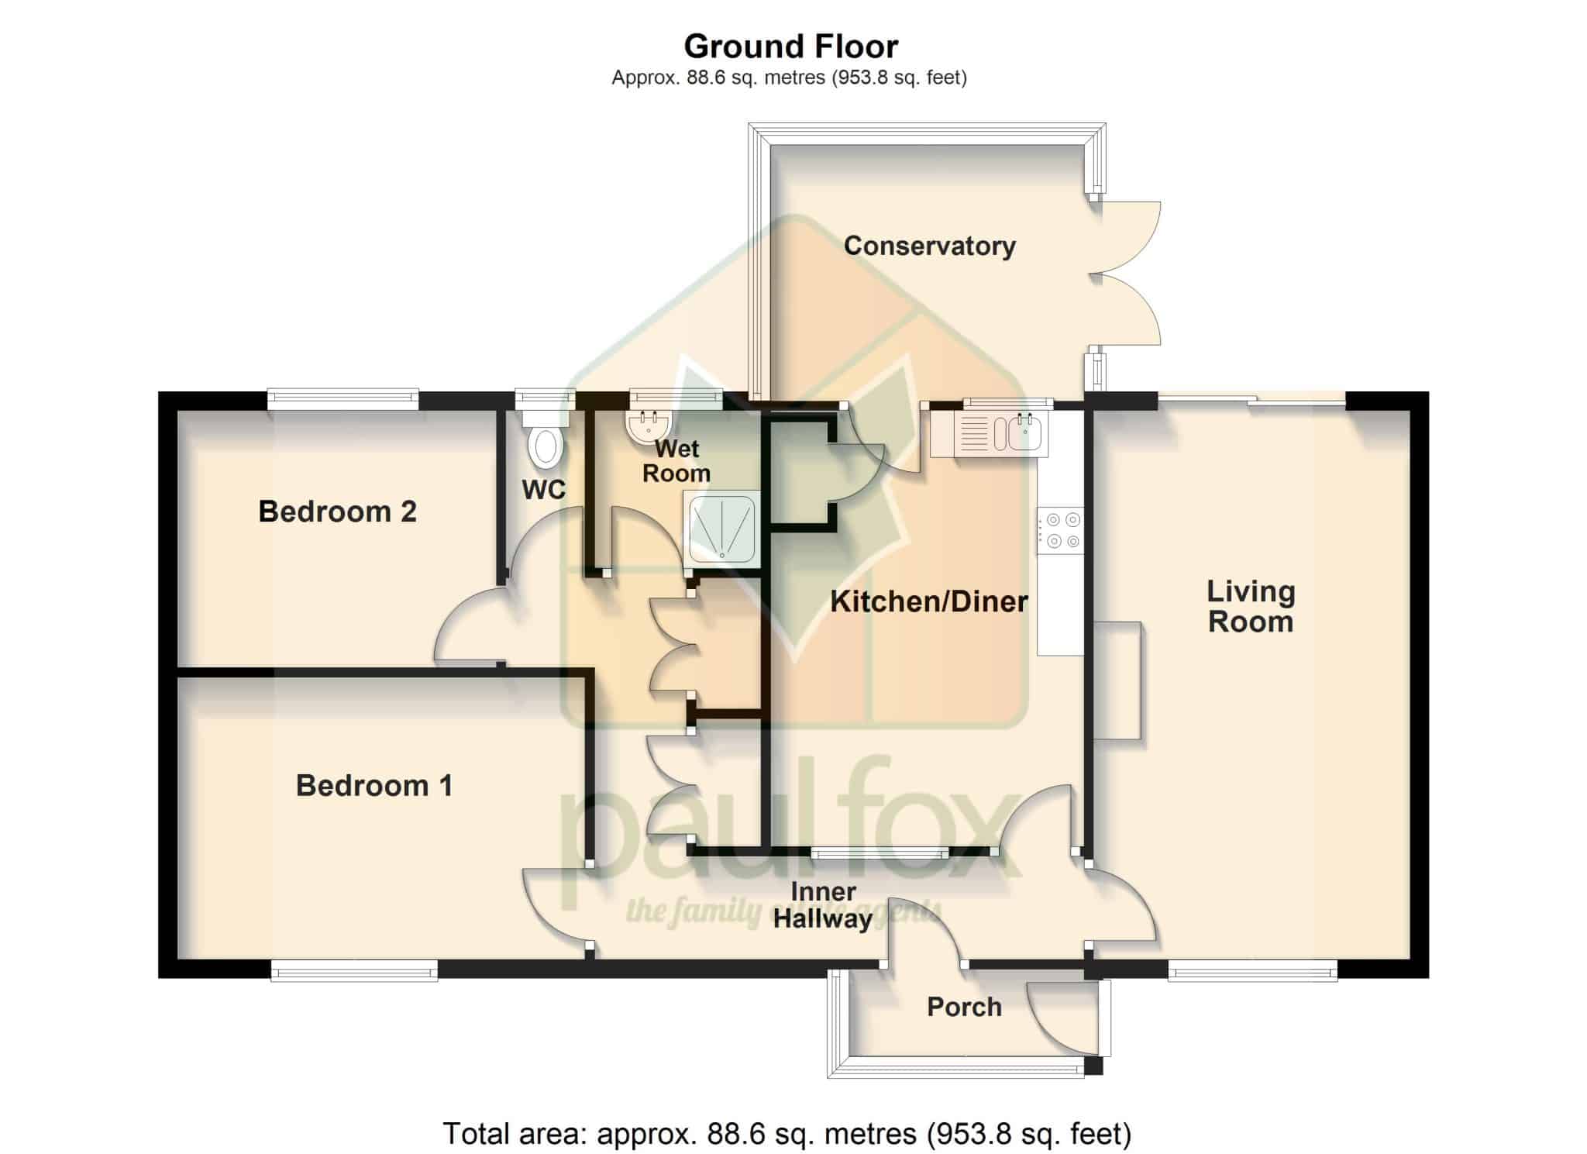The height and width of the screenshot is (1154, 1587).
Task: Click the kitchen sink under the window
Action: [988, 432]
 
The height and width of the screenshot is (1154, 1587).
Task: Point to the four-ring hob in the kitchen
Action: [1061, 531]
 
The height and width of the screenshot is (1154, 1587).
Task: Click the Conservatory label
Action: [929, 246]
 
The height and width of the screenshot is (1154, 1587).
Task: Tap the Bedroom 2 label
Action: [337, 512]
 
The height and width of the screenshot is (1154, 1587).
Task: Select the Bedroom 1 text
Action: [374, 786]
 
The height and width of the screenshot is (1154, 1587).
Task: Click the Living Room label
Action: [1251, 607]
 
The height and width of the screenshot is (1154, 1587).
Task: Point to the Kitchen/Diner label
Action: [928, 601]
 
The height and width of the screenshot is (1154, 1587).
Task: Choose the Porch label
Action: [964, 1007]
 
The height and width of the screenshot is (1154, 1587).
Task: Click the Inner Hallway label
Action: [823, 905]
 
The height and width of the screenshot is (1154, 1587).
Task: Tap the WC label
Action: [543, 490]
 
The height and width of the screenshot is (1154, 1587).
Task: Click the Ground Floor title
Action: [790, 47]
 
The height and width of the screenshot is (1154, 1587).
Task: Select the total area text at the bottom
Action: [787, 1134]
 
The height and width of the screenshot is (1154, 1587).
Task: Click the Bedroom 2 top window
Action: [343, 400]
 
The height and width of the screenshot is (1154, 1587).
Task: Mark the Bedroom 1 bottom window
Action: [354, 970]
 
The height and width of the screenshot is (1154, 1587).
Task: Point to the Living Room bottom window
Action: [1253, 970]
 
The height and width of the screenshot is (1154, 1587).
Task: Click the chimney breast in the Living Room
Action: [1118, 680]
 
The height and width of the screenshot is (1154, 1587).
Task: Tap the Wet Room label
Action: [676, 461]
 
